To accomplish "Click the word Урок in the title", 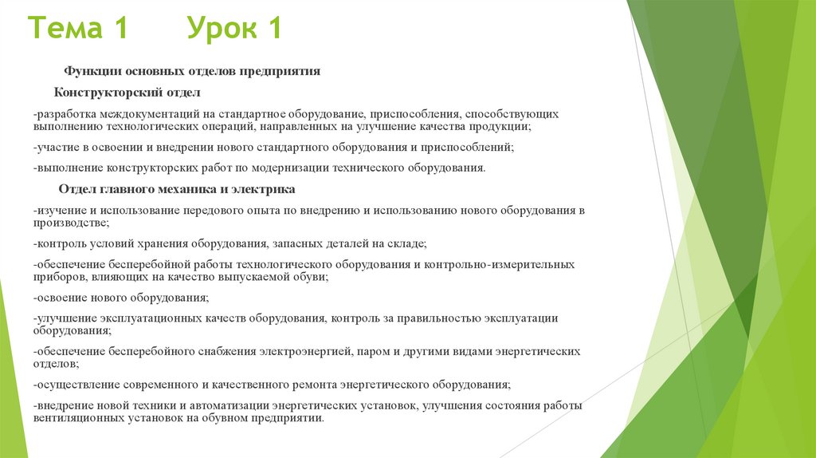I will (224, 30).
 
